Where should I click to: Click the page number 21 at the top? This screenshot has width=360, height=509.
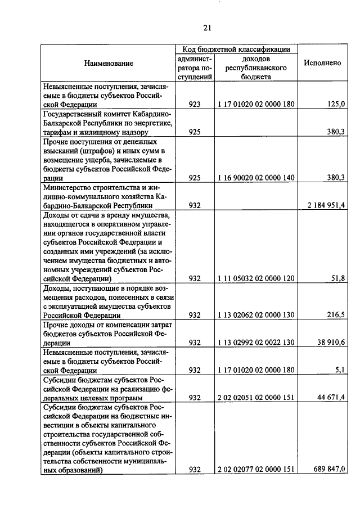pyautogui.click(x=206, y=28)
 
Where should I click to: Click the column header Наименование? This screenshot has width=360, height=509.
pyautogui.click(x=109, y=63)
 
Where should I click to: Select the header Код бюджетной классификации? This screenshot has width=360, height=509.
pyautogui.click(x=236, y=49)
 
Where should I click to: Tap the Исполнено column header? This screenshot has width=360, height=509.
pyautogui.click(x=322, y=63)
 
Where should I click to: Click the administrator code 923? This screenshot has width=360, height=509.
pyautogui.click(x=195, y=104)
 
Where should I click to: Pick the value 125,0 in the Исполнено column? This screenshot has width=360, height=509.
pyautogui.click(x=336, y=104)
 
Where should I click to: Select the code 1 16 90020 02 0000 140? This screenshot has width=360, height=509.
pyautogui.click(x=256, y=178)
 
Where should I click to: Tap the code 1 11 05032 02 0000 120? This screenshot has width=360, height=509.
pyautogui.click(x=256, y=278)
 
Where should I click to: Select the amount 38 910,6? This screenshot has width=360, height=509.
pyautogui.click(x=332, y=343)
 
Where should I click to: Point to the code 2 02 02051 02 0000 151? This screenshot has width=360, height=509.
pyautogui.click(x=256, y=398)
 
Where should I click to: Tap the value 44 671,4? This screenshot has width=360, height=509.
pyautogui.click(x=332, y=398)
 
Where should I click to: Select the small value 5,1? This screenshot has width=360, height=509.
pyautogui.click(x=340, y=370)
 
